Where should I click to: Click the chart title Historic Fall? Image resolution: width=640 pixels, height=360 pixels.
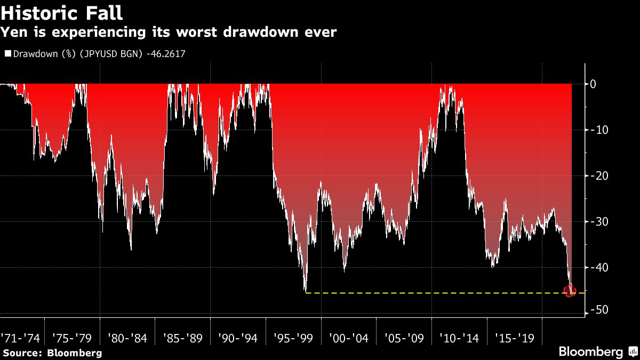point(62,12)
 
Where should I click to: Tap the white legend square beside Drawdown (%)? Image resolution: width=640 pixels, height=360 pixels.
point(7,53)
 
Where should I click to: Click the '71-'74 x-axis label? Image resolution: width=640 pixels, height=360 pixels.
point(20,338)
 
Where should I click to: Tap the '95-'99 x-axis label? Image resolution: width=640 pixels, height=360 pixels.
point(292,338)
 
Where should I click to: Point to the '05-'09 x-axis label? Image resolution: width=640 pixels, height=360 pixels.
point(404,338)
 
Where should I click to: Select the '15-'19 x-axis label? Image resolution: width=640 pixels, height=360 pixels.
point(514,338)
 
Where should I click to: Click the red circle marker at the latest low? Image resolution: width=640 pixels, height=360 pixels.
point(570,291)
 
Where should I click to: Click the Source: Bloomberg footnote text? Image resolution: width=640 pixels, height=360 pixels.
point(52,353)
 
